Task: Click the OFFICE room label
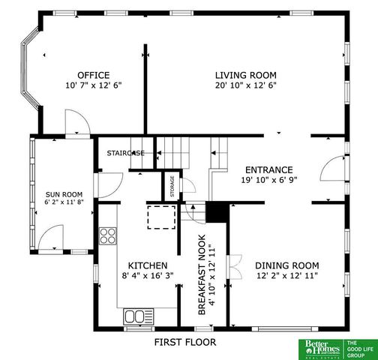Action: [x=93, y=75]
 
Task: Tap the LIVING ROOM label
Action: [x=246, y=75]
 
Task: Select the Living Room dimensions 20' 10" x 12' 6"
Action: [x=246, y=85]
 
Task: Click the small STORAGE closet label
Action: [x=172, y=184]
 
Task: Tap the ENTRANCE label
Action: [x=267, y=169]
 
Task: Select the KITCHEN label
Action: [x=147, y=266]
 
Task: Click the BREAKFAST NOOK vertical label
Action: [x=202, y=279]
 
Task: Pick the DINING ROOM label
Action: [x=286, y=265]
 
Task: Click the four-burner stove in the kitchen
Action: [x=109, y=236]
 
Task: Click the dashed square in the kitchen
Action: [x=159, y=217]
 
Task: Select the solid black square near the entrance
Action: [x=217, y=212]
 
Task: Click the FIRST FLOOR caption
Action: [x=184, y=342]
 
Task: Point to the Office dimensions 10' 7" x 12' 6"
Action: [x=93, y=85]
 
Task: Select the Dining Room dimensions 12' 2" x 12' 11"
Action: [x=286, y=276]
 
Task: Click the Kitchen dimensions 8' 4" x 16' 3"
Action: [x=147, y=277]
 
